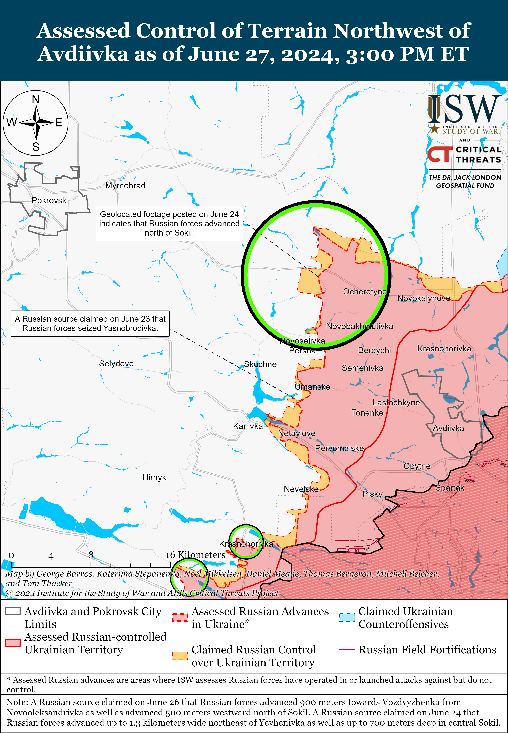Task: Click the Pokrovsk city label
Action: click(49, 200)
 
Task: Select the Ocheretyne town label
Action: click(365, 292)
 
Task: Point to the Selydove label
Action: click(116, 363)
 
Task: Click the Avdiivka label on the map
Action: click(448, 428)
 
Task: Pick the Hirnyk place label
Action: click(154, 477)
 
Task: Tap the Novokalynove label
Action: click(424, 298)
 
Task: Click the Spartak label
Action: click(450, 488)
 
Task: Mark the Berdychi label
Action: click(374, 350)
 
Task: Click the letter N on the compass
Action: click(36, 99)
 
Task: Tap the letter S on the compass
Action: click(36, 147)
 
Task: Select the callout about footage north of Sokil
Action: click(169, 224)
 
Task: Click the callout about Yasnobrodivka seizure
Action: click(90, 324)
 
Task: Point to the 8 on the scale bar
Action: click(91, 555)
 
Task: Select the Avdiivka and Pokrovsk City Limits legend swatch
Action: click(13, 611)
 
